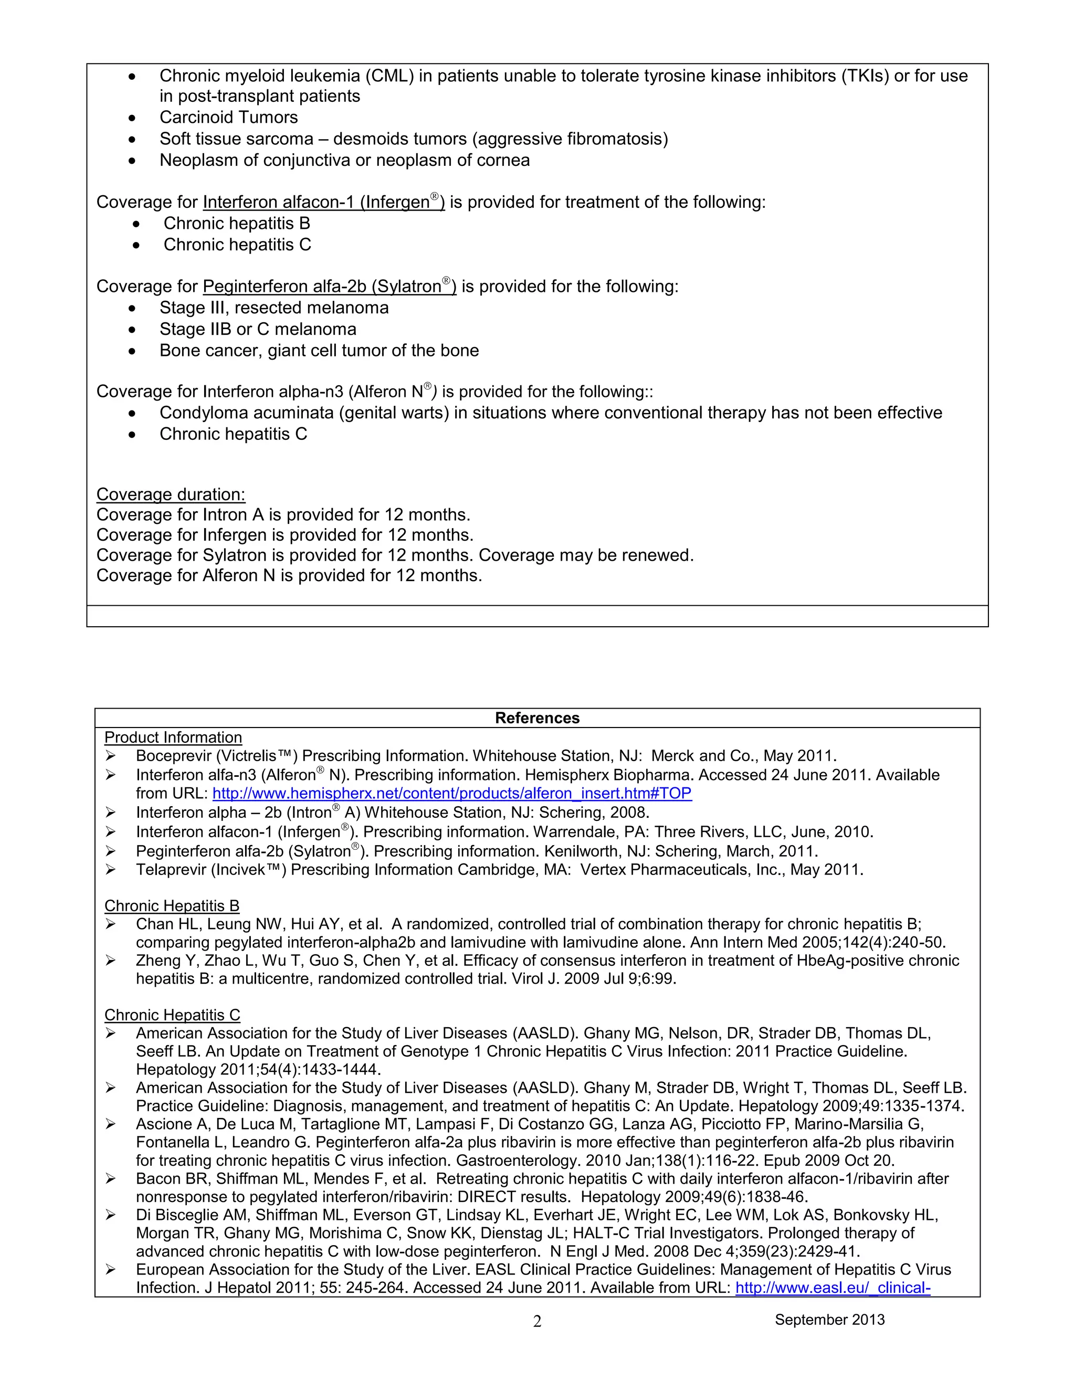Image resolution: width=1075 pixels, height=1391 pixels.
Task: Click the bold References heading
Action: click(537, 718)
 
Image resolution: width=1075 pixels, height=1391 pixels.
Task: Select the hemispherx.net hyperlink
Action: click(451, 794)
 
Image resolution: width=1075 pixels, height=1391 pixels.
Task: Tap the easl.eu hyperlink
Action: click(832, 1288)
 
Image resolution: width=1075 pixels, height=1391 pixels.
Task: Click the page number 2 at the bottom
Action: click(537, 1322)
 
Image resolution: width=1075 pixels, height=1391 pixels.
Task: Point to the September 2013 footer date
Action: click(829, 1320)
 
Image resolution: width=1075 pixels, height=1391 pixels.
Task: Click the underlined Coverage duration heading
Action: click(171, 494)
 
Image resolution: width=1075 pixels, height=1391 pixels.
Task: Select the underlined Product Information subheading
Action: click(173, 737)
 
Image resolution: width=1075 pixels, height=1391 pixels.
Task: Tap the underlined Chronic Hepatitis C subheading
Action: click(172, 1015)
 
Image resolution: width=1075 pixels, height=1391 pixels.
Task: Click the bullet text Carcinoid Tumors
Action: click(228, 118)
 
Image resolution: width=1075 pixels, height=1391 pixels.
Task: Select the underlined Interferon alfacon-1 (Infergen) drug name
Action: click(323, 203)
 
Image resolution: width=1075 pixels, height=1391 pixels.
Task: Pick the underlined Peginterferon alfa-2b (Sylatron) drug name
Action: click(329, 287)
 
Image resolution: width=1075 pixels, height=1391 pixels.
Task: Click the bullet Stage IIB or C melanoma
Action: click(257, 329)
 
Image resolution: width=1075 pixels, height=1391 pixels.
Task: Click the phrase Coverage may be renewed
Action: click(585, 555)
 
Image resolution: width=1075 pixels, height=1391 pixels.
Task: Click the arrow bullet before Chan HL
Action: click(111, 924)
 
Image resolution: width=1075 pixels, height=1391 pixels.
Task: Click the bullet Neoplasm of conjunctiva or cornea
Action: click(344, 161)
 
